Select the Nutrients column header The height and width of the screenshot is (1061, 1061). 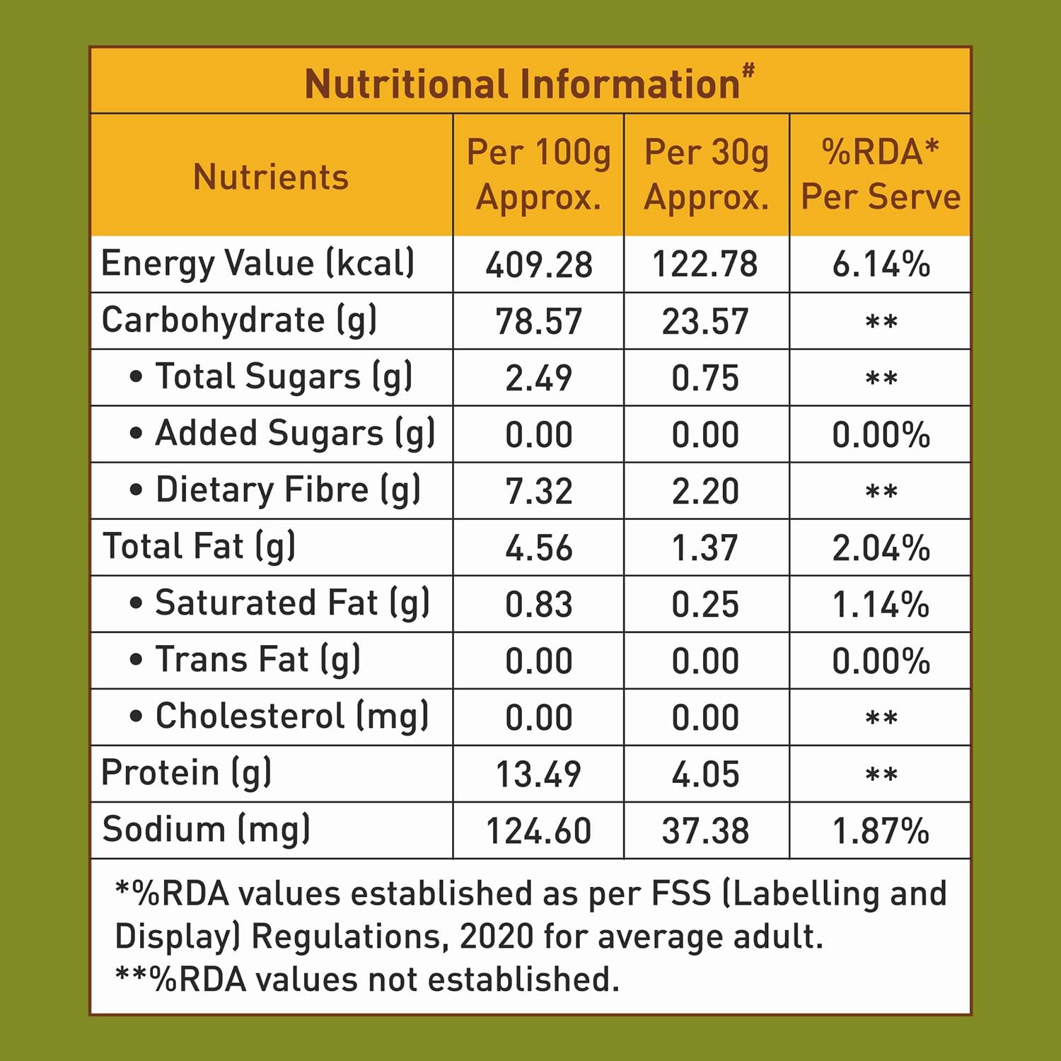(x=271, y=176)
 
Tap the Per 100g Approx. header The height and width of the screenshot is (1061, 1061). (x=538, y=174)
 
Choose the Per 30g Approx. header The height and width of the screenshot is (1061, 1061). (x=706, y=174)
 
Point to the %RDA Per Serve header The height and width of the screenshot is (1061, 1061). (x=880, y=174)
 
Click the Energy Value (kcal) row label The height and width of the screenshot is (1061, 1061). (x=257, y=263)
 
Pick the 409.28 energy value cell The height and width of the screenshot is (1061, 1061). (x=538, y=265)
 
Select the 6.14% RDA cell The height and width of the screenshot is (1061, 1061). (x=881, y=265)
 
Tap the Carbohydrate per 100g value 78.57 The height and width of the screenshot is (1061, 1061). (x=538, y=321)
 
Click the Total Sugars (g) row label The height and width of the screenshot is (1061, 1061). (x=283, y=376)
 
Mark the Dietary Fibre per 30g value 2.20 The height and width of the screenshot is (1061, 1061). (x=705, y=491)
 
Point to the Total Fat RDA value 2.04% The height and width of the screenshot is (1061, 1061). (x=881, y=547)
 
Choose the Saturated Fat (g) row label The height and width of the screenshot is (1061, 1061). (x=291, y=603)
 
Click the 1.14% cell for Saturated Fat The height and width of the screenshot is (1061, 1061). (x=881, y=604)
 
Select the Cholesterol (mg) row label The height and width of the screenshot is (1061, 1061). (x=291, y=716)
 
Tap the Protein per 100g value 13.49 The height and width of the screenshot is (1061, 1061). (x=538, y=774)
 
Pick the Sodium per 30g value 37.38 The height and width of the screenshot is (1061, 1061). (x=705, y=830)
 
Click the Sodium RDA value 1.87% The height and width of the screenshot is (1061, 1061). (x=881, y=830)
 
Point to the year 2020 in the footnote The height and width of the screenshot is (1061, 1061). (x=496, y=937)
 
